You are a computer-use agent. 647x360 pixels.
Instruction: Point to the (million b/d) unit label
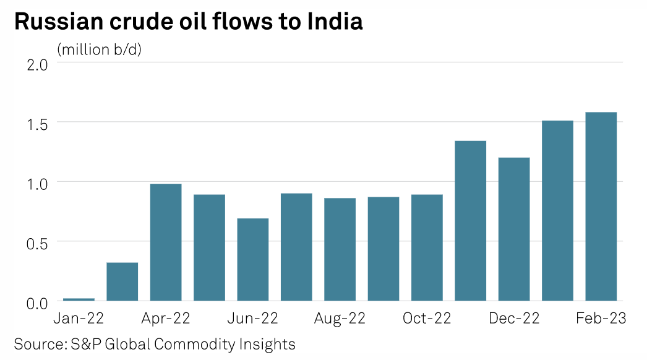pyautogui.click(x=100, y=49)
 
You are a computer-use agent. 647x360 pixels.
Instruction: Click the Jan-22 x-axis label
pyautogui.click(x=78, y=319)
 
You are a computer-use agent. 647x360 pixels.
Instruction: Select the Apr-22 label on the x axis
pyautogui.click(x=165, y=319)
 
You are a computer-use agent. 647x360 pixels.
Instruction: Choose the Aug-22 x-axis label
pyautogui.click(x=340, y=319)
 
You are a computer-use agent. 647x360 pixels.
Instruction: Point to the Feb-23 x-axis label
pyautogui.click(x=601, y=319)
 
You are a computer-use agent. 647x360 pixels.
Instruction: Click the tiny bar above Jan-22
pyautogui.click(x=79, y=299)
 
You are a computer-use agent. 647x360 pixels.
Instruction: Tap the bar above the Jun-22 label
pyautogui.click(x=252, y=260)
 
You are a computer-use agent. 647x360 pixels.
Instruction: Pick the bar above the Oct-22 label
pyautogui.click(x=427, y=248)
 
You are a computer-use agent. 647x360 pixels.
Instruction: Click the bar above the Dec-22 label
pyautogui.click(x=514, y=229)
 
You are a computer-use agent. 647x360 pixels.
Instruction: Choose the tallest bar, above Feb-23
pyautogui.click(x=601, y=207)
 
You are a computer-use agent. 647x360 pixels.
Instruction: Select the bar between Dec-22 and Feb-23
pyautogui.click(x=557, y=211)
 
